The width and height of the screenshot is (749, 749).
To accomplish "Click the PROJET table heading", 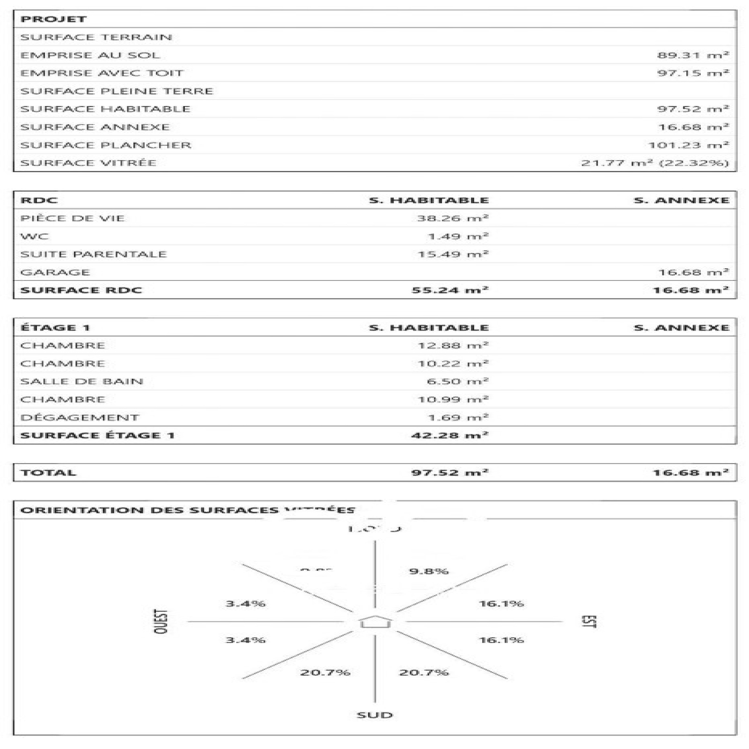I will coord(53,19).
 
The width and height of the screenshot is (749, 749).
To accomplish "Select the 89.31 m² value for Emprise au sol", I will coord(693,55).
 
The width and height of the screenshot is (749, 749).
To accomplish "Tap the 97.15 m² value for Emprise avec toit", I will coord(693,73).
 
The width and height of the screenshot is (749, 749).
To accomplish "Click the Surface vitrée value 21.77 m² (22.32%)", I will coord(655,163).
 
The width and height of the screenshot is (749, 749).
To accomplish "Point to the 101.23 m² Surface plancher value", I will coord(688,145).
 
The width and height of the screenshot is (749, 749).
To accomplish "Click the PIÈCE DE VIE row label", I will coord(73,218).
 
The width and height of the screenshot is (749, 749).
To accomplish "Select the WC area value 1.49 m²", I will coord(458,236).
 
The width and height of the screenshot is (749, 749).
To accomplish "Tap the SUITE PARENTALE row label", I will coord(94,254).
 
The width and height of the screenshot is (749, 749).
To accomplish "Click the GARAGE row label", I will coord(55,272).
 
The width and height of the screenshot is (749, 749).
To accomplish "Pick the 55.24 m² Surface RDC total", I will coord(450,290).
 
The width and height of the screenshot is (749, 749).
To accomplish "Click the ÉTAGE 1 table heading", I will coord(55,328).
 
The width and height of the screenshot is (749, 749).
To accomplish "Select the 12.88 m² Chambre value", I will coord(453,345).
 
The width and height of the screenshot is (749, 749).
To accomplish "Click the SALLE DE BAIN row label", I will coord(82,382).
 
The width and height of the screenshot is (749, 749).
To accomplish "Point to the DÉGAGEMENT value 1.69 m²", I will coord(458,418).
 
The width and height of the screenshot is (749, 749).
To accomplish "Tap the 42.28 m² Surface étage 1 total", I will coord(450,435).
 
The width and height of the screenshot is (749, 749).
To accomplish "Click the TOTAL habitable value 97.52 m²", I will coord(450,473).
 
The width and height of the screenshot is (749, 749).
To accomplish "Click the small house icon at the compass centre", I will coord(375,622).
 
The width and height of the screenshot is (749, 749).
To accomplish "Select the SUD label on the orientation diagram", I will coord(375,715).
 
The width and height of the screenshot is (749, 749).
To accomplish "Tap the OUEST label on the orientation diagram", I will coord(161,622).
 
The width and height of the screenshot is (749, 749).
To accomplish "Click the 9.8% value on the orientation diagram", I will coord(429,571).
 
